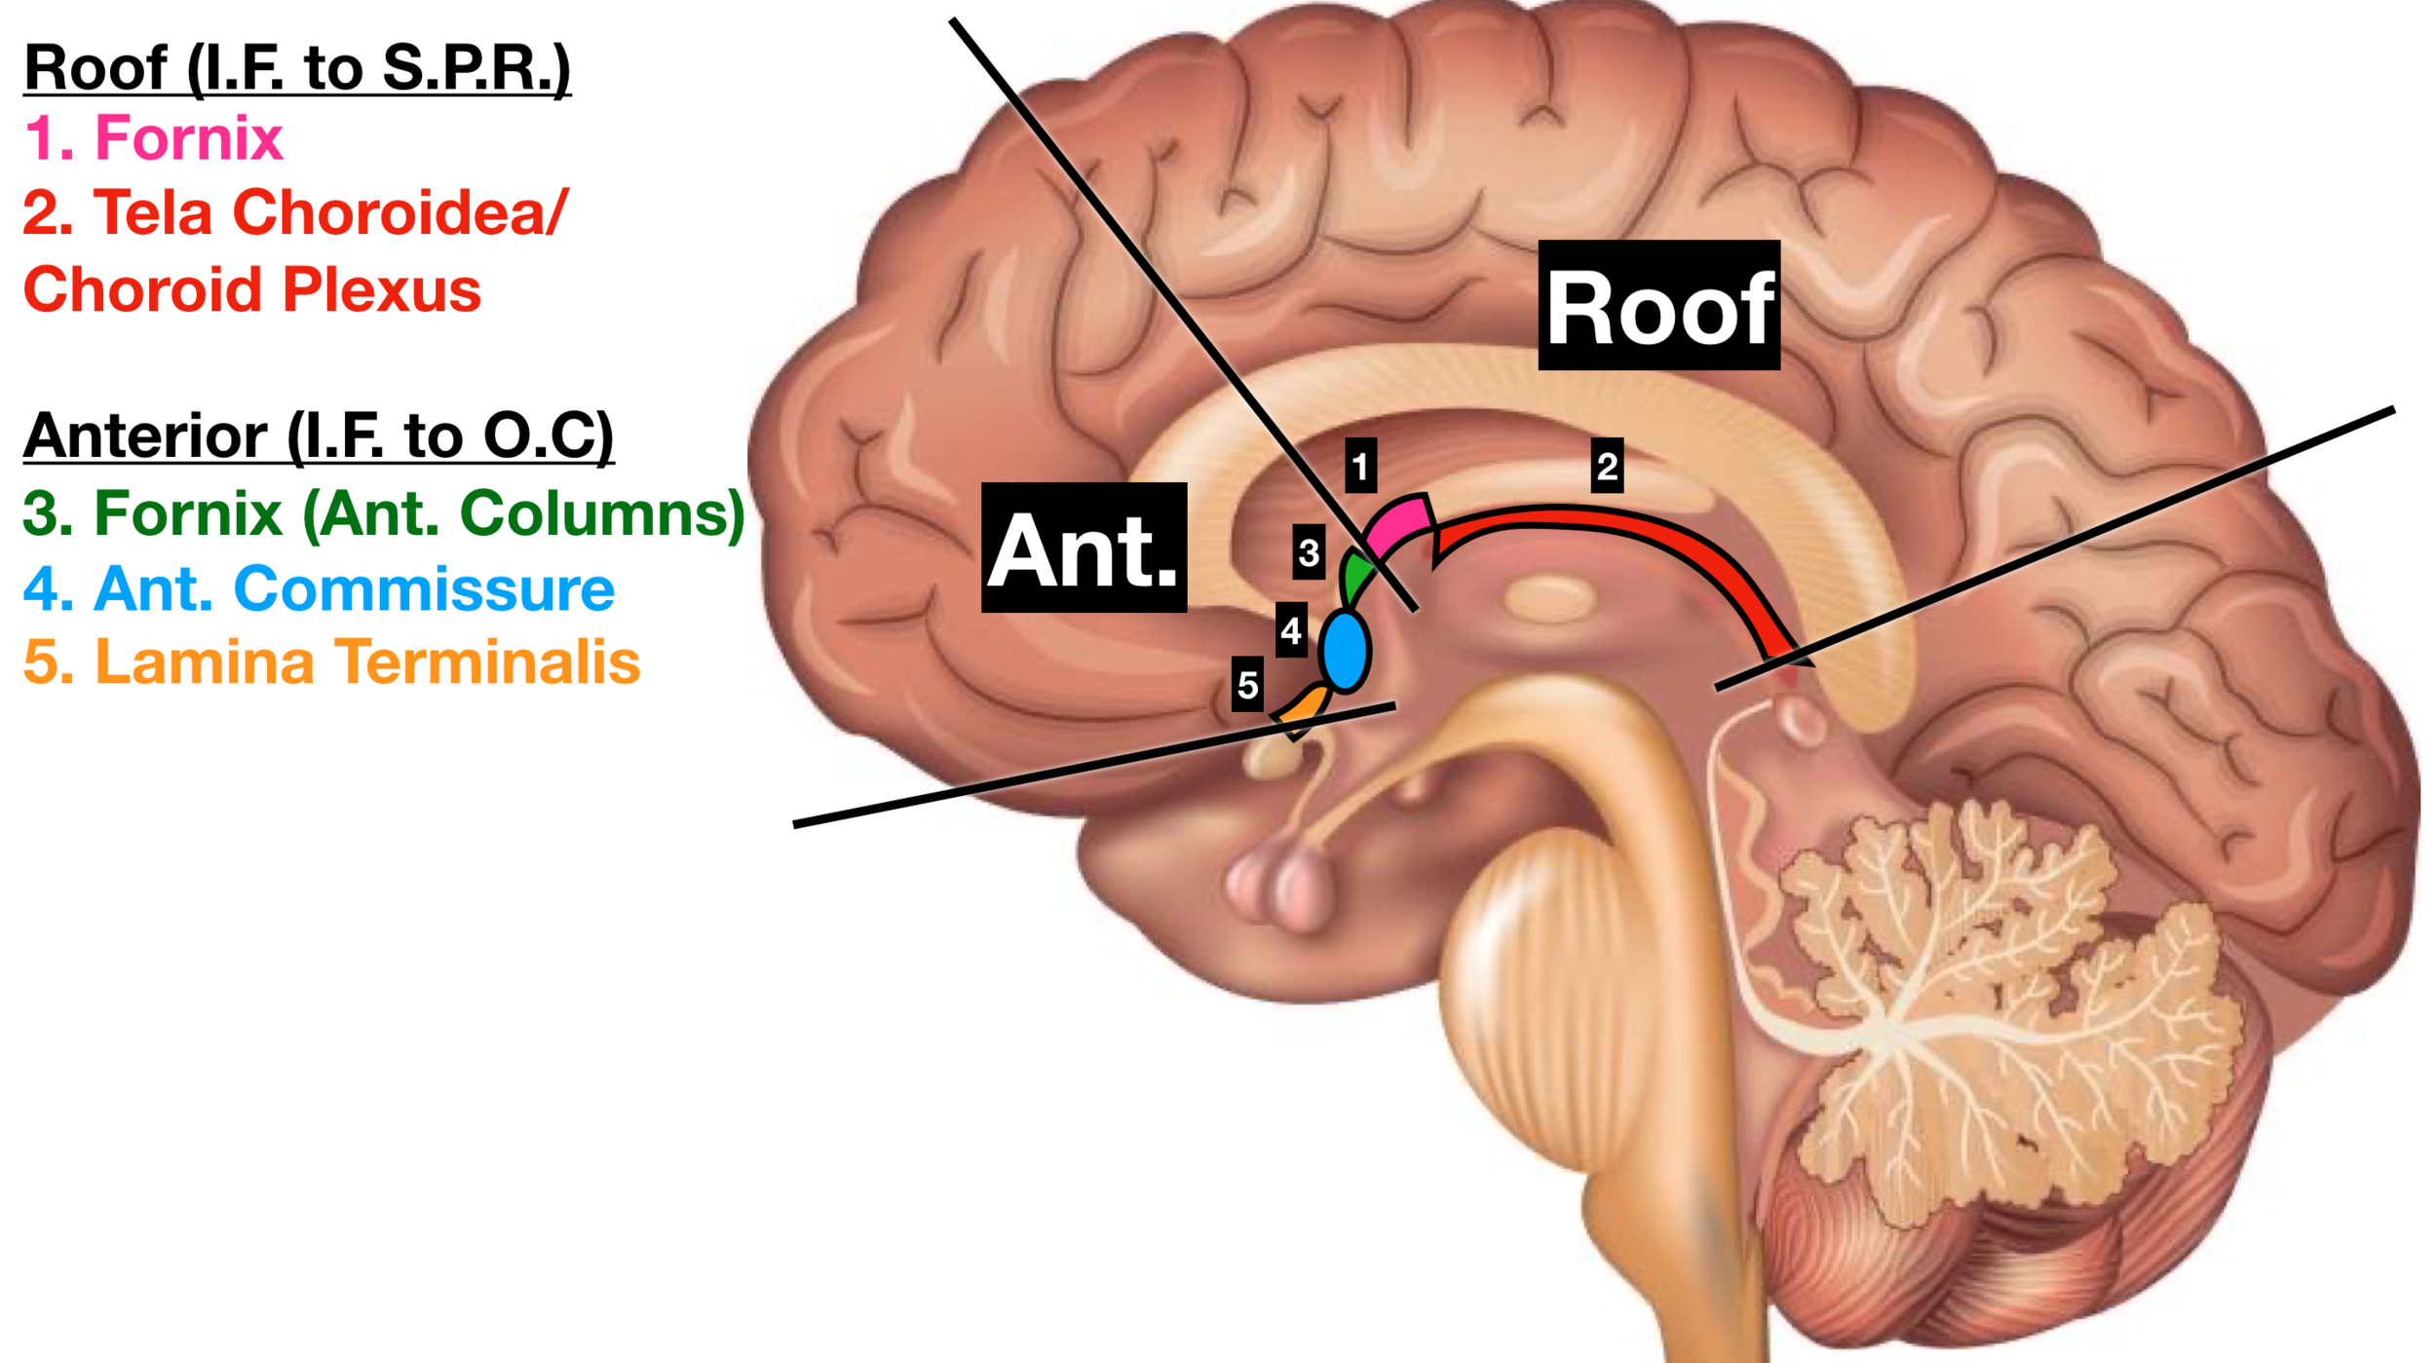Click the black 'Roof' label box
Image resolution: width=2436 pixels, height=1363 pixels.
pos(1658,305)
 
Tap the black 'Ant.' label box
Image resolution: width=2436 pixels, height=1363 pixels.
pos(1084,548)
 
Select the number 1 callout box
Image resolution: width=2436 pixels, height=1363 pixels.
pos(1360,465)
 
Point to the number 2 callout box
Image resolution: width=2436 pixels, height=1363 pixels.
pos(1607,466)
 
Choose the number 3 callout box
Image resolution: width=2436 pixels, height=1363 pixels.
pos(1309,551)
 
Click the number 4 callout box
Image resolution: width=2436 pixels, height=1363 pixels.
pos(1291,630)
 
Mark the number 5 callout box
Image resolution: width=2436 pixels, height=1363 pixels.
pos(1247,684)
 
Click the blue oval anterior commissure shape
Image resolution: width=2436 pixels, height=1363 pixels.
pos(1345,651)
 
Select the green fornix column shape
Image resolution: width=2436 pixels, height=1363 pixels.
pos(1353,577)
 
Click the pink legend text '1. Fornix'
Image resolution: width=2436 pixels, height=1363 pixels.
pos(154,137)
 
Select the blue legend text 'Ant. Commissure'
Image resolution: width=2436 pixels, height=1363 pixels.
pos(355,588)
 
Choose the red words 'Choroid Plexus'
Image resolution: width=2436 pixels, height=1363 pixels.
pos(251,289)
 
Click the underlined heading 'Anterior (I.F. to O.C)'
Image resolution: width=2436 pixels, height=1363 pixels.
pos(319,435)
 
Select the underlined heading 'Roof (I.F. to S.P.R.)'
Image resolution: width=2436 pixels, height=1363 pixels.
pos(297,68)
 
